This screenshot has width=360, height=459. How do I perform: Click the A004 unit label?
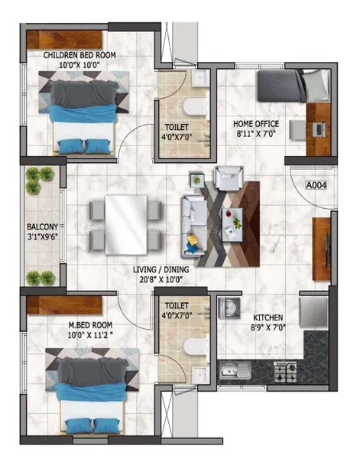point(316,185)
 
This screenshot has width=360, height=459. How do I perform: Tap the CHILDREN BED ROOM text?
point(79,55)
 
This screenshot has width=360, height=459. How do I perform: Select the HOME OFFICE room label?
point(256,124)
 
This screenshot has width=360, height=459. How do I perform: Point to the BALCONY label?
point(42,227)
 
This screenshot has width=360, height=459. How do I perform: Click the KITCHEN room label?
point(268,317)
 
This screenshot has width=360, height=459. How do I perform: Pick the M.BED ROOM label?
point(90,325)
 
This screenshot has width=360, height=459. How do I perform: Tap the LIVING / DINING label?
point(161,269)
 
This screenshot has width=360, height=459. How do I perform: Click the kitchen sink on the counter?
point(235,369)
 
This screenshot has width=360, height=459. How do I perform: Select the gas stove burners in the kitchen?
point(285,372)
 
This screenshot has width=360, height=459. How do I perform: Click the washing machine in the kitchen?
point(229,308)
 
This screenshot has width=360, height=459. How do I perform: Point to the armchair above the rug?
point(229,178)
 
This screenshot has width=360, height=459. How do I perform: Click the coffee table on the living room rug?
point(232,225)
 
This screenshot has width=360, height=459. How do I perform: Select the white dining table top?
point(126,225)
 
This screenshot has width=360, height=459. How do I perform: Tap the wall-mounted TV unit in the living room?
point(322,249)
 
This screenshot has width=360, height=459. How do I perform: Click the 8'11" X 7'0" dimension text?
point(256,134)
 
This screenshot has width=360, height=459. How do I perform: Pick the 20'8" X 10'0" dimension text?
point(162,279)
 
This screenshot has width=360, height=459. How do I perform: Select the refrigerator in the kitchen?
point(313,312)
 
